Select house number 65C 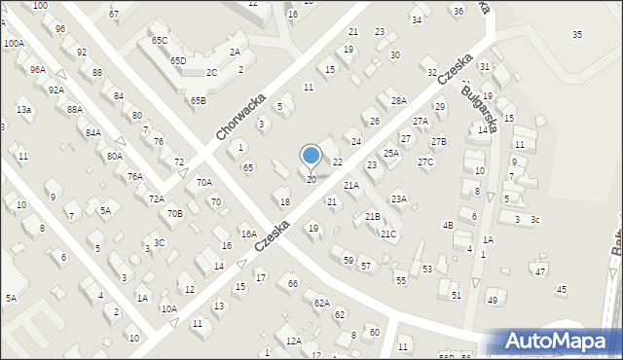[160, 40]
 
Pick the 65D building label [178, 60]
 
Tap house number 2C [211, 72]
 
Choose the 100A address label [14, 44]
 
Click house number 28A [398, 101]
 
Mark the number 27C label [425, 162]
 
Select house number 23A [399, 198]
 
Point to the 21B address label [372, 216]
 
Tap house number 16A [249, 234]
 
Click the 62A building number [322, 303]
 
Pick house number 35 [577, 35]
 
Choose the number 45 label [561, 290]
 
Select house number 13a [23, 110]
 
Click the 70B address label [174, 213]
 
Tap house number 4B [448, 226]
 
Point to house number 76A [134, 176]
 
